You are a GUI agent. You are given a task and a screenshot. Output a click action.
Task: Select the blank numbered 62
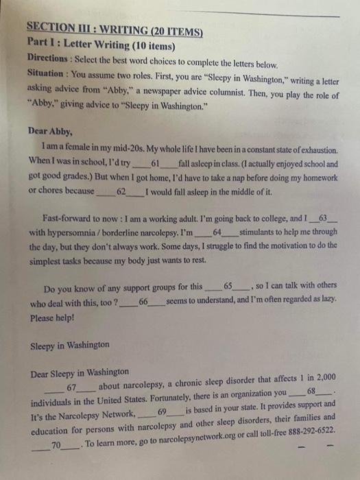tap(121, 192)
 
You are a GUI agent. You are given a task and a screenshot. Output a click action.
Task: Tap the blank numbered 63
tap(324, 219)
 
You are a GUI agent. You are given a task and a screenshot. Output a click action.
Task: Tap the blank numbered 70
tap(56, 445)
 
